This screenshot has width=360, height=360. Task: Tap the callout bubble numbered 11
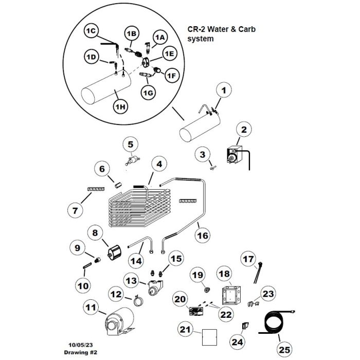(91, 309)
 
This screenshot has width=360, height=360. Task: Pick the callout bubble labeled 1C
(91, 32)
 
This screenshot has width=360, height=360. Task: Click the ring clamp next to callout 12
(139, 300)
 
